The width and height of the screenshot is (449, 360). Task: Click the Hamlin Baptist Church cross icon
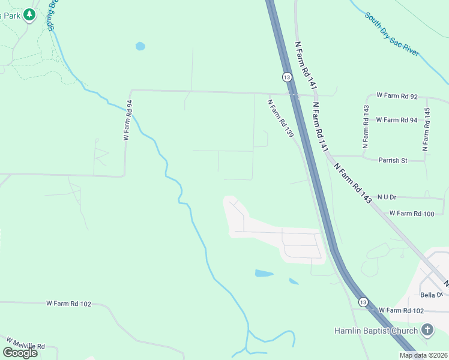(427, 330)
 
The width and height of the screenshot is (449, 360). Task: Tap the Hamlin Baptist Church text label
(376, 331)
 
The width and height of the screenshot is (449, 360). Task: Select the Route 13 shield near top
(287, 77)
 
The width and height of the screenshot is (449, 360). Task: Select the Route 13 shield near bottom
(363, 302)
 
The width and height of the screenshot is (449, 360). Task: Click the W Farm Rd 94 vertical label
(127, 120)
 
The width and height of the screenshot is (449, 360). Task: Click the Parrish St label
(393, 160)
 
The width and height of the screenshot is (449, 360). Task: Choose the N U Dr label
(387, 197)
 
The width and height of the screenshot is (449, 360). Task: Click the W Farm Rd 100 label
(411, 213)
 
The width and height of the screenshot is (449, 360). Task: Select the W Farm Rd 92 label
(397, 95)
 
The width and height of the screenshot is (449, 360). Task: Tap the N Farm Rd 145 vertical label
(427, 128)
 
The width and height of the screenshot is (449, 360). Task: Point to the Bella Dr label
(431, 295)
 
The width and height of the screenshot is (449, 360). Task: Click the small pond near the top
(140, 46)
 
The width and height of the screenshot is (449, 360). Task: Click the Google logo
(20, 352)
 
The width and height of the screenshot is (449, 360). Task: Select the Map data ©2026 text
(423, 355)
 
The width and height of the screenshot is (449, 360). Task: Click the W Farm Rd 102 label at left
(68, 304)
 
